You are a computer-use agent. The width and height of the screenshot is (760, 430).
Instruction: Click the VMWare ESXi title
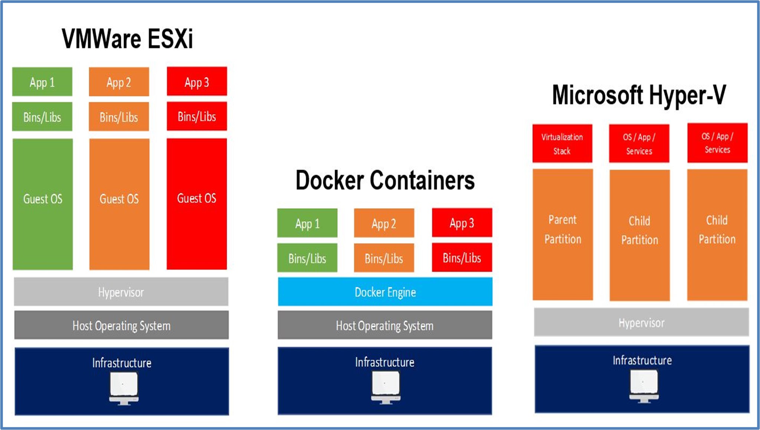pos(127,39)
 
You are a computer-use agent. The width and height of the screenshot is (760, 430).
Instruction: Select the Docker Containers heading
pos(385,180)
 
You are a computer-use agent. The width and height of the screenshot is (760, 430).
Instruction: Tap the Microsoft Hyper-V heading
pos(639,95)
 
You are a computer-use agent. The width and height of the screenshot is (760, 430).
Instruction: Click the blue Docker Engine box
pos(385,292)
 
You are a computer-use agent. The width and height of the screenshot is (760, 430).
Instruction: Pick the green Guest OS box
pos(43,204)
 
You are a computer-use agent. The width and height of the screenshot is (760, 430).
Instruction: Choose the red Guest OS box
pos(197,204)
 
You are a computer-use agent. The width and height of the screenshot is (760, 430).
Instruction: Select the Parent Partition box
pos(563,234)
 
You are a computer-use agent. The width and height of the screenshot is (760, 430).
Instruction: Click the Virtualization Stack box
pos(562,143)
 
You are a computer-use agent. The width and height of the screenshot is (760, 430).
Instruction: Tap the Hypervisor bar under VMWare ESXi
pos(121,292)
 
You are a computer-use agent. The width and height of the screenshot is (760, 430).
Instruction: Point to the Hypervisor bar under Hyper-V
pos(641,322)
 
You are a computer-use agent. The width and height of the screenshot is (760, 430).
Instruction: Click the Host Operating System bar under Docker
pos(385,325)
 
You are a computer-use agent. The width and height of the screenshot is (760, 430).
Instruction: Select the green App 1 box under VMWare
pos(42,82)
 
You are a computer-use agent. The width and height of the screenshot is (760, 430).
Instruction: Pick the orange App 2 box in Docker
pos(384,223)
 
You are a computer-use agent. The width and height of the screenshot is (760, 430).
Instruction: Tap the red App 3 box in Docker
pos(462,223)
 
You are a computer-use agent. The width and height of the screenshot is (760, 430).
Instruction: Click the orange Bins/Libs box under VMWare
pos(119,117)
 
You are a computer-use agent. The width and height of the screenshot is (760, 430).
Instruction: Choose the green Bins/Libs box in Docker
pos(307,258)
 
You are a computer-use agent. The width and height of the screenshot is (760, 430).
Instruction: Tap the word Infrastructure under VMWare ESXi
pos(122,363)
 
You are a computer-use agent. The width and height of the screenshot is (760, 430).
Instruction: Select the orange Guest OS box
pos(119,204)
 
